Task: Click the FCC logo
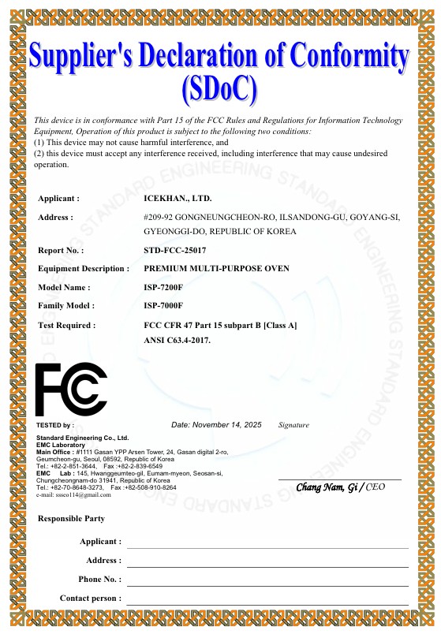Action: pos(71,389)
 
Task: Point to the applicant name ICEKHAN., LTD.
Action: pos(178,199)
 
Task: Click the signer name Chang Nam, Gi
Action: pos(326,488)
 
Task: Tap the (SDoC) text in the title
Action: pos(219,89)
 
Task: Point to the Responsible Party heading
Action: pos(71,519)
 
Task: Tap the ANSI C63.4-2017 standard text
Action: pos(177,340)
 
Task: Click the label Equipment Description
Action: pos(84,269)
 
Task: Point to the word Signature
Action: pos(293,425)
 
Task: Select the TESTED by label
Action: pos(55,425)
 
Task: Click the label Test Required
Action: pos(67,325)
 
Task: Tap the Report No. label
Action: pos(61,251)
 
